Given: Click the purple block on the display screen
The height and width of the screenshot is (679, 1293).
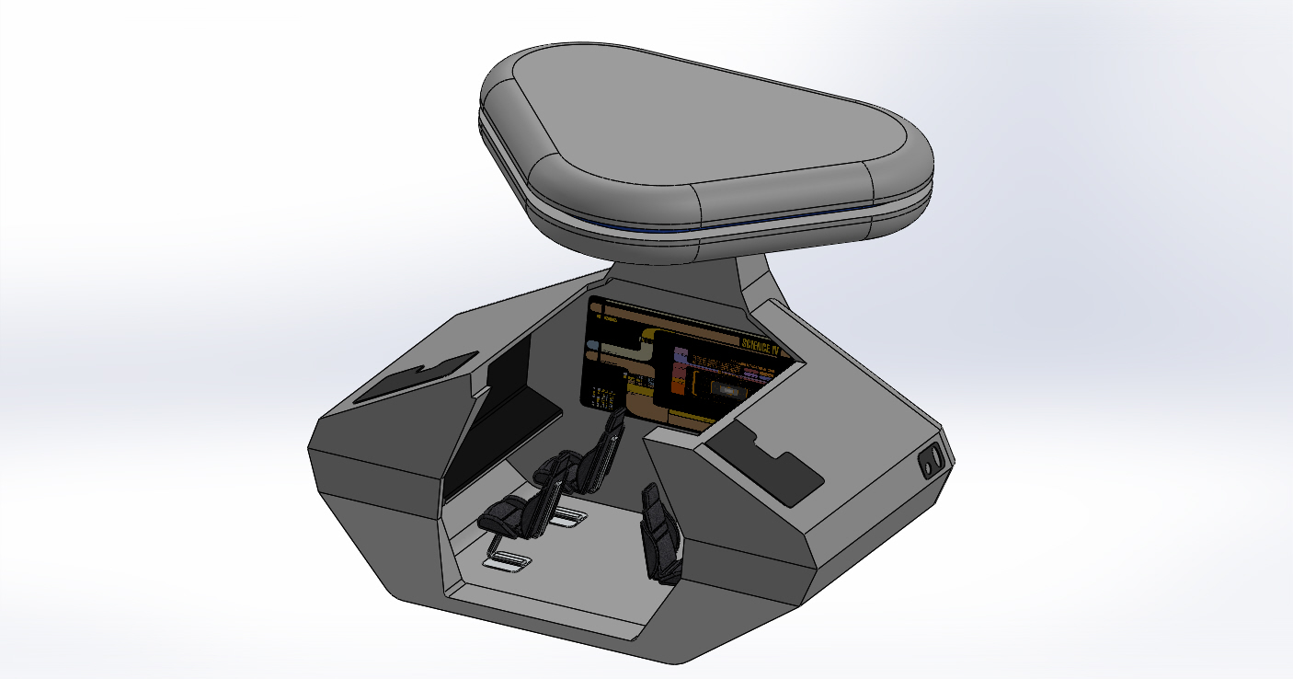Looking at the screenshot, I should pyautogui.click(x=681, y=353).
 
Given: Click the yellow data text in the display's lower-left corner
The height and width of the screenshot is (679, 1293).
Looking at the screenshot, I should pyautogui.click(x=601, y=398).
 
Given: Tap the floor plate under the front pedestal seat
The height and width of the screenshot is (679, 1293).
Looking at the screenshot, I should pyautogui.click(x=509, y=559).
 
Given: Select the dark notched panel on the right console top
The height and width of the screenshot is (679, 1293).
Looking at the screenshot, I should pyautogui.click(x=763, y=465).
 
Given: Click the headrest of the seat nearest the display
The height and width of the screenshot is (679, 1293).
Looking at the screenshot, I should pyautogui.click(x=614, y=421).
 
